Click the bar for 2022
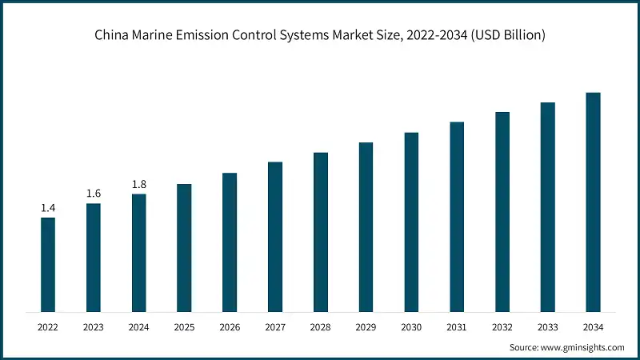pos(48,264)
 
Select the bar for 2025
pos(184,248)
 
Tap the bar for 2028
pos(321,232)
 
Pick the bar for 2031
pos(457,216)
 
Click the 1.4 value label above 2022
pos(48,208)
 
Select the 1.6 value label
pos(94,194)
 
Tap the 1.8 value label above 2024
pos(139,184)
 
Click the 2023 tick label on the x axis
pos(94,326)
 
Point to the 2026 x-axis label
pos(230,326)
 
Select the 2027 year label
pos(275,326)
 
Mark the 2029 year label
pos(366,326)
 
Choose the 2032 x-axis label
pos(502,326)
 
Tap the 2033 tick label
pos(547,326)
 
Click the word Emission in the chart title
pos(203,34)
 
